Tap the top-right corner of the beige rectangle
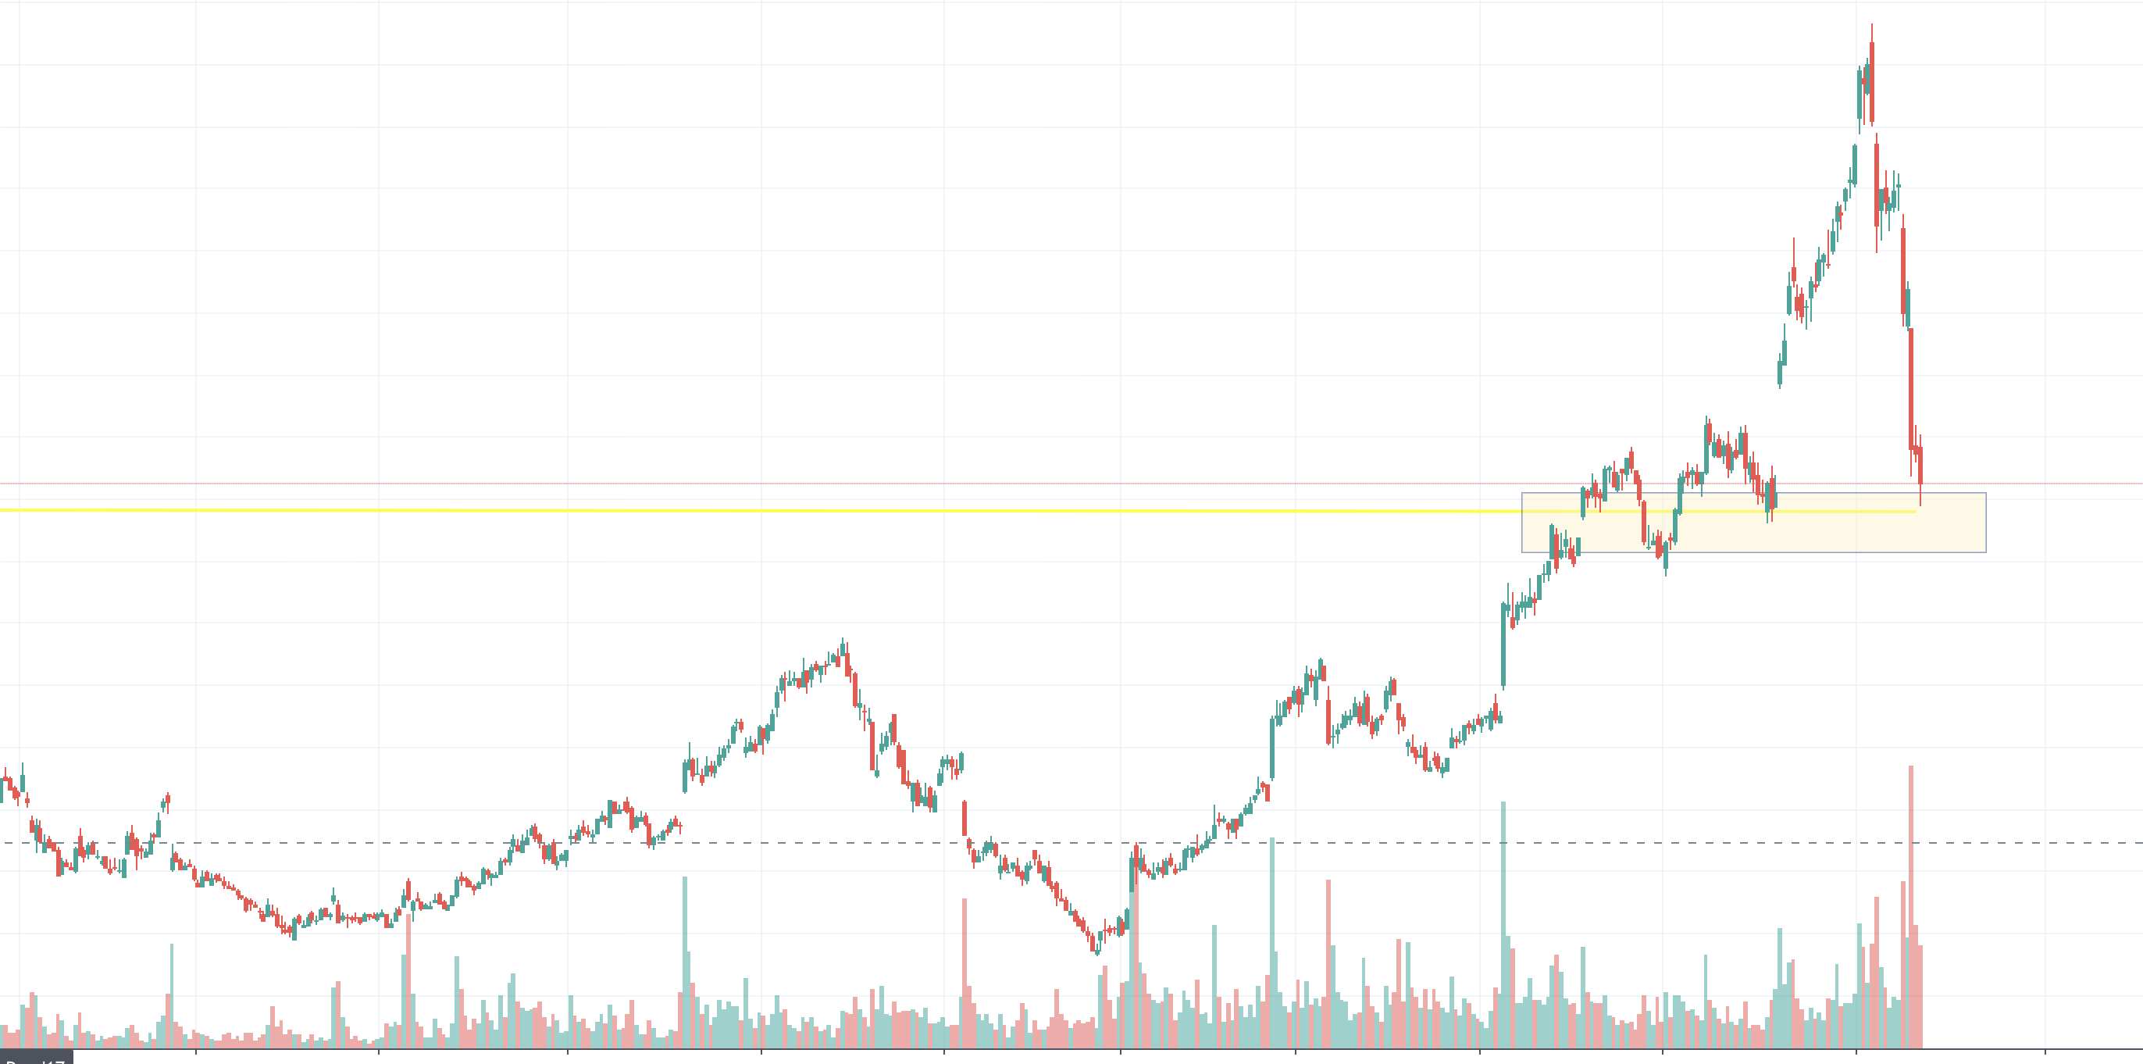coord(1986,493)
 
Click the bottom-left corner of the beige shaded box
coord(1522,552)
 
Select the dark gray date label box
coord(36,1059)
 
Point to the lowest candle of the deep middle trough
coord(1096,944)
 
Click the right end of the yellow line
coord(1915,512)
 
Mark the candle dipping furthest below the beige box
coord(1666,562)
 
